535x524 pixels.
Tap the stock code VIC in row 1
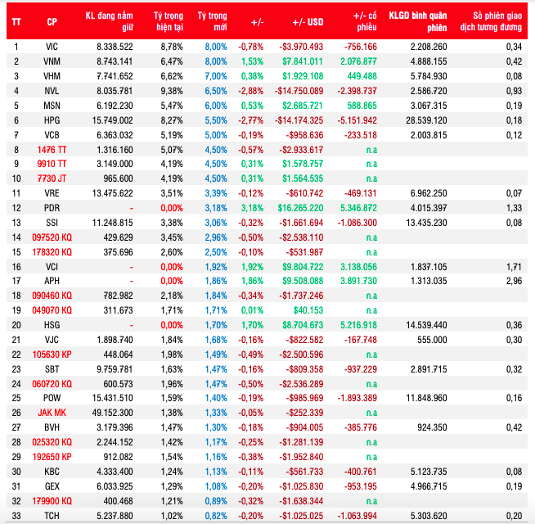click(52, 47)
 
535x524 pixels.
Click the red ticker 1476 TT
click(52, 150)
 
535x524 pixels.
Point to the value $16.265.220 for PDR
click(302, 208)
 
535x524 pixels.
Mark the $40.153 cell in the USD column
click(308, 310)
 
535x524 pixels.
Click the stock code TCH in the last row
click(52, 514)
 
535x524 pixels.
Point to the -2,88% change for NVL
click(250, 92)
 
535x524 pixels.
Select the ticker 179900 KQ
click(52, 499)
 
